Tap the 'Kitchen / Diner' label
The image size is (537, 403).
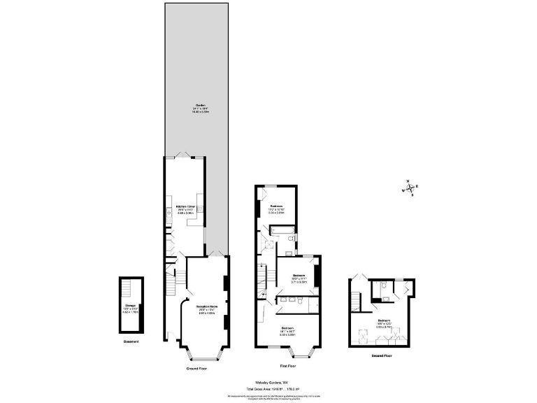185,207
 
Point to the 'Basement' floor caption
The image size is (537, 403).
131,341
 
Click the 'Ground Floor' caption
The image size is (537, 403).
196,368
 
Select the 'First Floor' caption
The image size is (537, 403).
287,365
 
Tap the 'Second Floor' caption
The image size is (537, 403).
382,356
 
